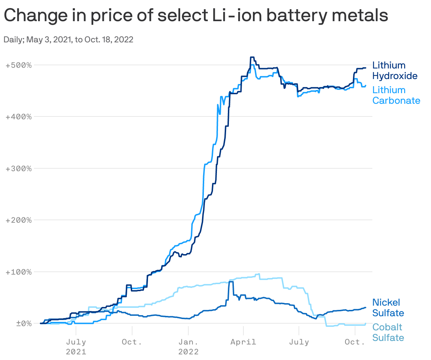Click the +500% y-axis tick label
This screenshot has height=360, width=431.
[x=19, y=65]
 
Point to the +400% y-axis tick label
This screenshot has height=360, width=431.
[x=19, y=117]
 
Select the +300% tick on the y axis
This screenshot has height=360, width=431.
[x=19, y=169]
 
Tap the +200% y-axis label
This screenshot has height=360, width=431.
[x=19, y=220]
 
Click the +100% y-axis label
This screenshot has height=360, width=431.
[x=19, y=272]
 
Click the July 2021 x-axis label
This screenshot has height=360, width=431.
[x=76, y=347]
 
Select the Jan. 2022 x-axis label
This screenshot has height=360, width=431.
[x=188, y=347]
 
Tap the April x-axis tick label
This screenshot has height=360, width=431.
[x=243, y=342]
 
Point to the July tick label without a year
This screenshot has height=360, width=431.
[x=299, y=342]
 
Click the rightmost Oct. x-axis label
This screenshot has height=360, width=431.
[x=355, y=342]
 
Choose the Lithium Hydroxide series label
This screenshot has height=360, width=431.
[x=395, y=71]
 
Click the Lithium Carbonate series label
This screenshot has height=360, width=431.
[x=396, y=95]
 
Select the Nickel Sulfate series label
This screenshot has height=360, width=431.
[x=388, y=308]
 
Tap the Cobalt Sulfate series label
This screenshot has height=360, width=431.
[x=388, y=332]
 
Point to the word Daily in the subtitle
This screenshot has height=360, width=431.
[x=13, y=40]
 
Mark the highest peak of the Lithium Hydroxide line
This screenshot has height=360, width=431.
[x=252, y=57]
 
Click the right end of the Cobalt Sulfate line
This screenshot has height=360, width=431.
[x=365, y=324]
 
